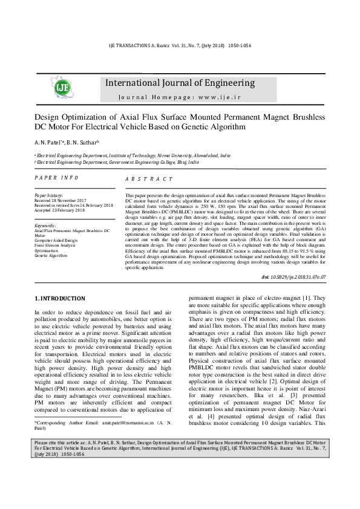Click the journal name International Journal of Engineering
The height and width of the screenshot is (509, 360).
coord(180,83)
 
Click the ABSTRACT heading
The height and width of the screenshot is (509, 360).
coord(149,180)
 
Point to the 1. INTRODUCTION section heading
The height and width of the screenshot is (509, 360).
coord(59,299)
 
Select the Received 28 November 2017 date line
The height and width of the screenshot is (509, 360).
coord(61,201)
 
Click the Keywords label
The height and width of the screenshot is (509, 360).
coord(46,225)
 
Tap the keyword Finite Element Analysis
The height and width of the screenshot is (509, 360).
coord(55,245)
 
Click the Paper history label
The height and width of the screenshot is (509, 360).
coord(48,196)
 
